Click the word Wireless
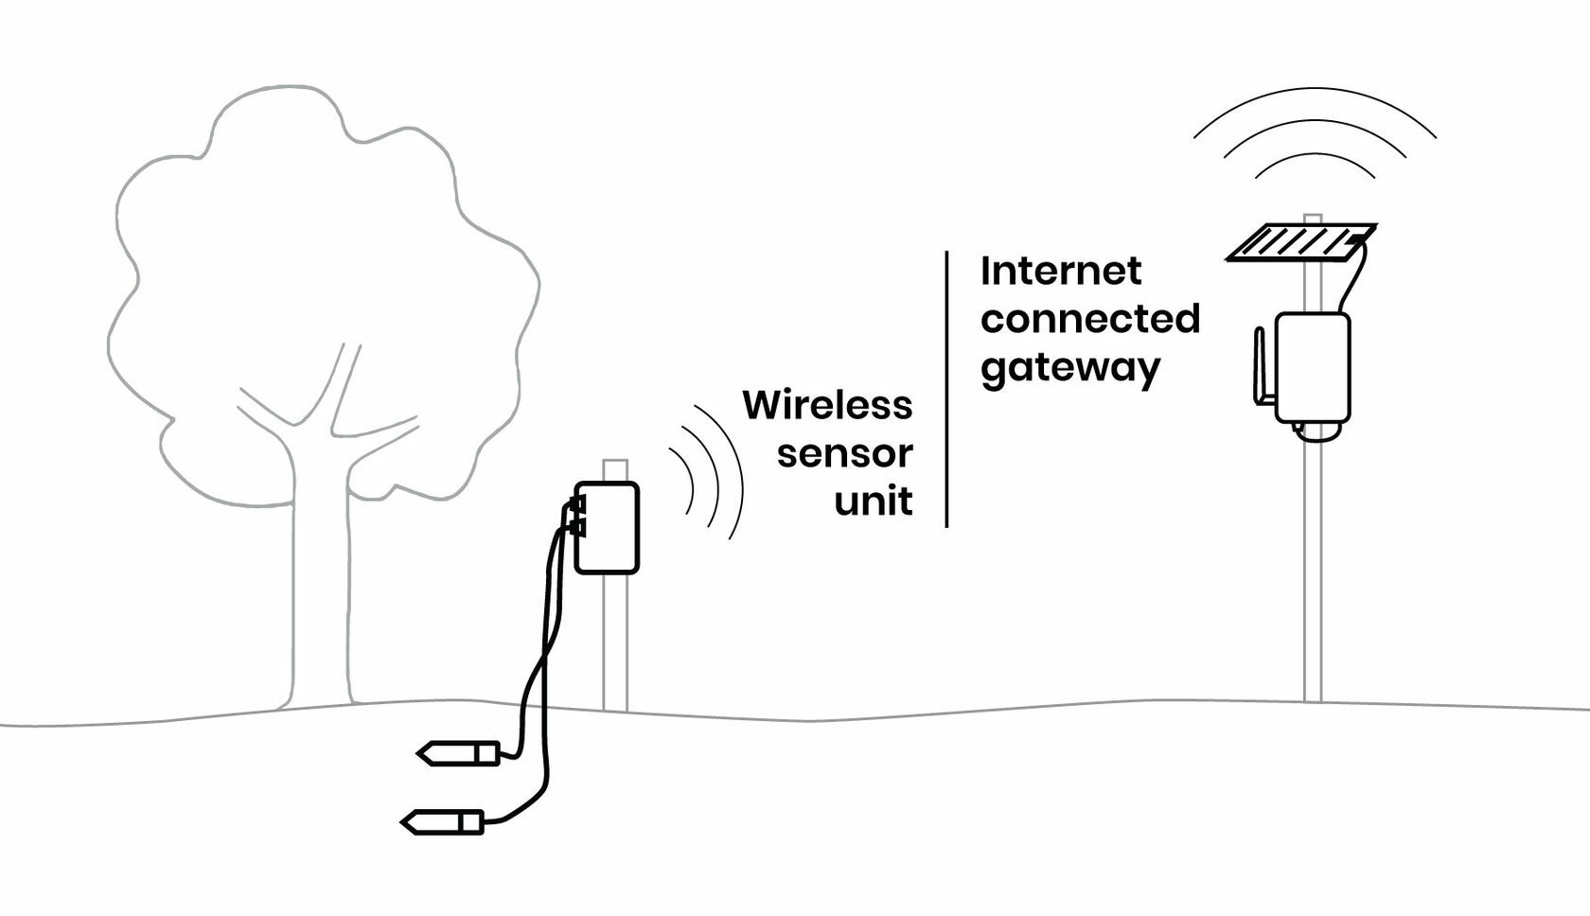coord(827,405)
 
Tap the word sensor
coord(844,453)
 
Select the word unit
coord(873,501)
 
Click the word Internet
coord(1060,272)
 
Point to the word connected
coord(1090,319)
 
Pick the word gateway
coord(1069,368)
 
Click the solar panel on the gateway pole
coord(1301,243)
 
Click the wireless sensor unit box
coord(608,527)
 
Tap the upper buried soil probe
coord(459,753)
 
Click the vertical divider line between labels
coord(946,388)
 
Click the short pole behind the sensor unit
coord(615,643)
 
